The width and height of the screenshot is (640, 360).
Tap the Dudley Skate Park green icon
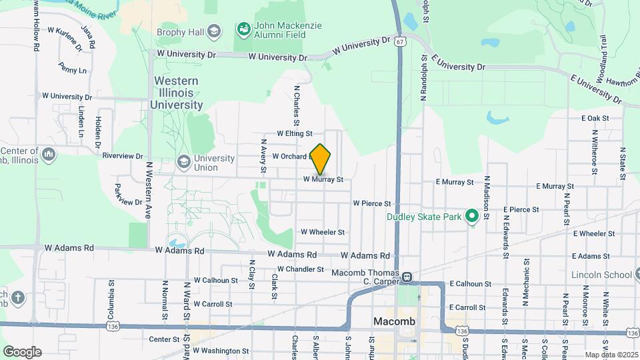click(473, 216)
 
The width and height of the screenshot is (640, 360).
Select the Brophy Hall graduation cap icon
click(213, 31)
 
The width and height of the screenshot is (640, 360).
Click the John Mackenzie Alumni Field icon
click(243, 29)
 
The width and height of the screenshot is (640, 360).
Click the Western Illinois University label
click(177, 93)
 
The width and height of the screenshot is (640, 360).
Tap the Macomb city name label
click(393, 322)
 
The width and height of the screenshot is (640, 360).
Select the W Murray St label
click(323, 179)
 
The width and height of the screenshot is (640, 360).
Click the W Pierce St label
click(376, 203)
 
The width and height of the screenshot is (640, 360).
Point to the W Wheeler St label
click(322, 232)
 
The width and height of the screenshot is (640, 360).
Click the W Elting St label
click(294, 134)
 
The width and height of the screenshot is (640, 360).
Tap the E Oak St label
click(595, 118)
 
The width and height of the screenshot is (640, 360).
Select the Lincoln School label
click(601, 275)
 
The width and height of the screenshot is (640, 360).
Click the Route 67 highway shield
click(399, 41)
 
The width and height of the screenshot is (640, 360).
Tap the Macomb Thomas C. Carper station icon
click(406, 276)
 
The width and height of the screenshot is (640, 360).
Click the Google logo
click(22, 352)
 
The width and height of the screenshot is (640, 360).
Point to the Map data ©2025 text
click(611, 355)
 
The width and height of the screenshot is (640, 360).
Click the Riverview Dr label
click(123, 156)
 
